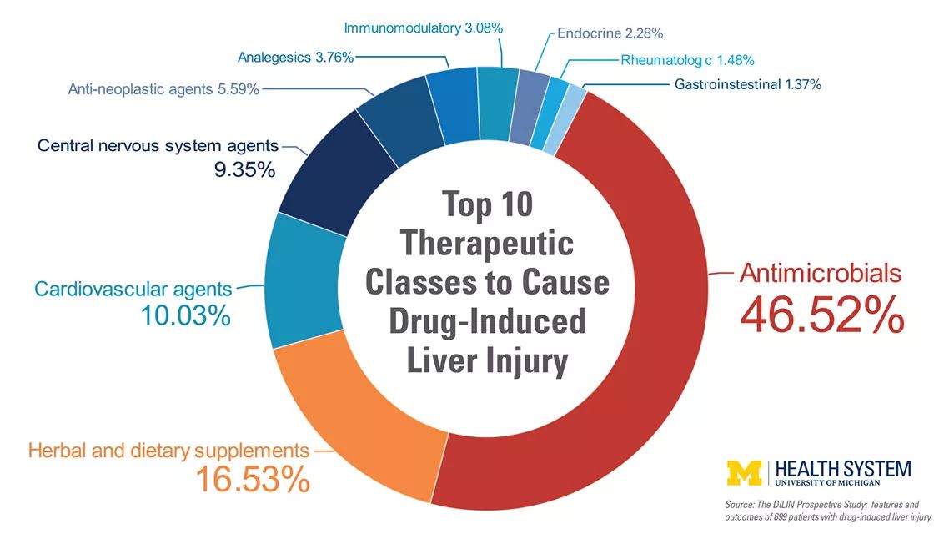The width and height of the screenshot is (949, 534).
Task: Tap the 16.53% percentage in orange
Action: click(x=253, y=480)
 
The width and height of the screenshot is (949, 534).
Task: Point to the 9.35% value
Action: click(x=244, y=169)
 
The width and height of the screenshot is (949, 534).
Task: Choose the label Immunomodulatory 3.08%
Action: click(x=423, y=28)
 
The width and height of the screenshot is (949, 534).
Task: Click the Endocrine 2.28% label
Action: click(x=610, y=33)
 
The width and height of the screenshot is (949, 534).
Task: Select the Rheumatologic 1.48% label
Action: click(x=687, y=61)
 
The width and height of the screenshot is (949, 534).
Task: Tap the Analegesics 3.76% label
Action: click(x=295, y=58)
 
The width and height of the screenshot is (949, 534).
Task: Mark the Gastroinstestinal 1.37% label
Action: click(x=748, y=85)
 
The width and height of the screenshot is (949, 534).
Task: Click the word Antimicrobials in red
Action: click(x=821, y=274)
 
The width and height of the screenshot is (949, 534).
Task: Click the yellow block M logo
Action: click(x=745, y=473)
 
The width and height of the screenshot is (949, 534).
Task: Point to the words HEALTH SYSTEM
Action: click(x=843, y=469)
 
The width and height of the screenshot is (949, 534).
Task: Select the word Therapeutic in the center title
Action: click(x=487, y=244)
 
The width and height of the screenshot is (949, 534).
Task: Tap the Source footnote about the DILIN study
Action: click(x=828, y=511)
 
